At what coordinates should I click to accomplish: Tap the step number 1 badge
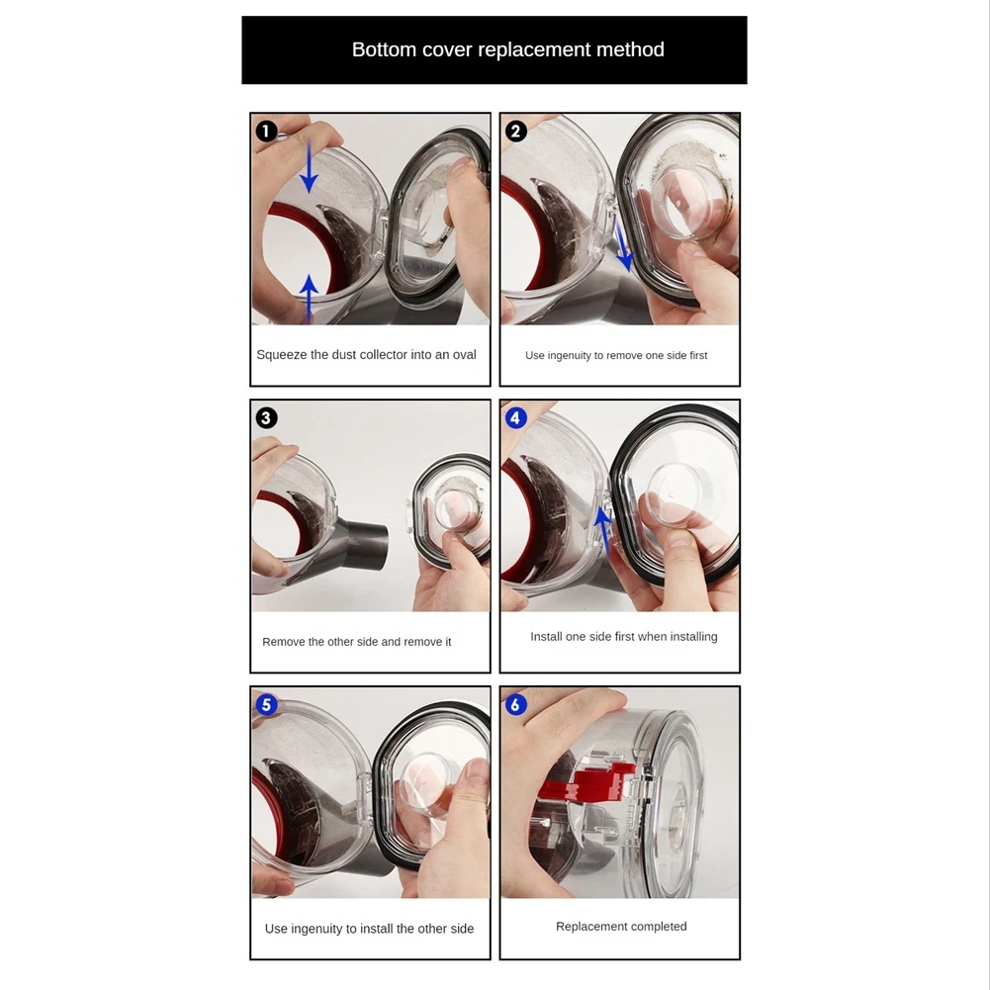click(x=266, y=131)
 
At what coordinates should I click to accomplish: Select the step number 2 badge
click(x=515, y=131)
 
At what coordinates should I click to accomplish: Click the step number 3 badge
click(x=266, y=417)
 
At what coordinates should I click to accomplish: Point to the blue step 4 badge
click(x=515, y=417)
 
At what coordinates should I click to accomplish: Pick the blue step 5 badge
click(x=266, y=704)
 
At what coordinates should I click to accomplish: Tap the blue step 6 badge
click(x=515, y=704)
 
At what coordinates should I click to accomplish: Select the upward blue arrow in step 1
click(x=309, y=295)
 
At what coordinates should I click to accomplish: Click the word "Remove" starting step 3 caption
click(x=283, y=642)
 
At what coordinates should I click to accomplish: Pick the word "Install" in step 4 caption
click(x=546, y=637)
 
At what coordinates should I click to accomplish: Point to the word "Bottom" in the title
click(x=378, y=50)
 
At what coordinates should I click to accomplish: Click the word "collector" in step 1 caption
click(x=387, y=355)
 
